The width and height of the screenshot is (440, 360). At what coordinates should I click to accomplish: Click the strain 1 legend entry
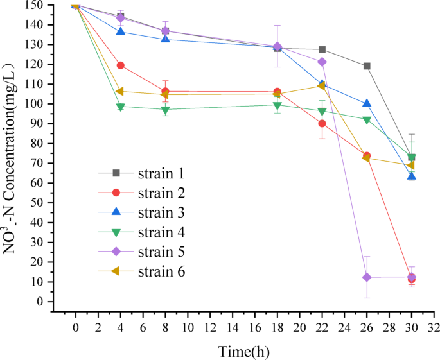(x=141, y=173)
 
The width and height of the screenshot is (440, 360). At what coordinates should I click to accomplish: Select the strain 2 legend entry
(x=141, y=193)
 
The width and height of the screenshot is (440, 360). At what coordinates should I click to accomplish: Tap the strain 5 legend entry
(x=141, y=252)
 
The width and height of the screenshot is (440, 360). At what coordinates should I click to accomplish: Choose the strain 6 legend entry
(x=141, y=272)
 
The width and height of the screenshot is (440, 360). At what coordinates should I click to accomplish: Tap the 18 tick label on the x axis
(x=277, y=327)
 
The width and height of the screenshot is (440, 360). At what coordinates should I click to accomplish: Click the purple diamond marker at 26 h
(x=367, y=277)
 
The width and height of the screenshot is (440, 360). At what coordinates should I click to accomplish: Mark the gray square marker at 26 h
(x=367, y=66)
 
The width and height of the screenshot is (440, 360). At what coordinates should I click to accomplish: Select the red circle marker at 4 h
(x=120, y=65)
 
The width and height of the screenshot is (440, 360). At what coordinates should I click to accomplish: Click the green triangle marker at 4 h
(x=120, y=107)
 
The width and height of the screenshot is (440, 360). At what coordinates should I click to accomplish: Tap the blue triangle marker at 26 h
(x=367, y=103)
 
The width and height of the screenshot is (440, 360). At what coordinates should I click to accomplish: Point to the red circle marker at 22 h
(x=322, y=123)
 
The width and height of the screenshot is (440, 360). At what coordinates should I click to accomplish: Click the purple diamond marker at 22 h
(x=322, y=62)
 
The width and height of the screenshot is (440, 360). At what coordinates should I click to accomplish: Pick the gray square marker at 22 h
(x=322, y=49)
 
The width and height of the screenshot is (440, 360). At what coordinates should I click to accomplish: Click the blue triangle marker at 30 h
(x=412, y=176)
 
